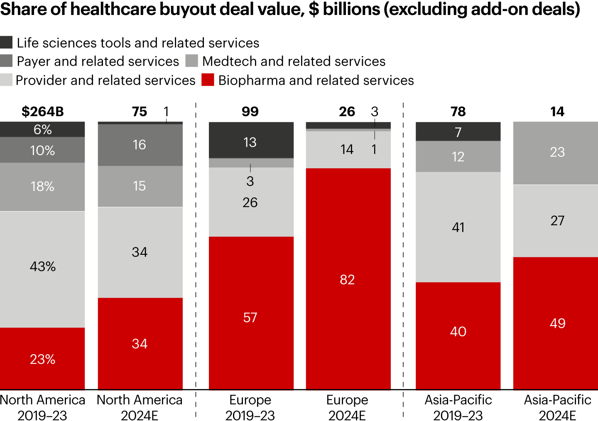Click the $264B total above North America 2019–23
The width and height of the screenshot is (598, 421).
click(x=43, y=112)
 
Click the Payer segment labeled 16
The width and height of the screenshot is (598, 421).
click(x=140, y=145)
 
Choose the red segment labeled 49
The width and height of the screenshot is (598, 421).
click(x=556, y=323)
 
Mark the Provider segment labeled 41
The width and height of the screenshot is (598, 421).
click(x=458, y=227)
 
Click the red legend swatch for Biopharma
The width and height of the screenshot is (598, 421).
click(x=208, y=80)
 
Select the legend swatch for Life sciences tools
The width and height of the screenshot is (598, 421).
click(x=6, y=42)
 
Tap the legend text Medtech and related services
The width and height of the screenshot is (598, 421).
click(x=294, y=62)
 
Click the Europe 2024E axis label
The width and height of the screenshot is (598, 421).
click(x=347, y=407)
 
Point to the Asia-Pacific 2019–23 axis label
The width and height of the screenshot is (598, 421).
click(x=458, y=407)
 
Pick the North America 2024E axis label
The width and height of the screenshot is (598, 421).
click(x=140, y=407)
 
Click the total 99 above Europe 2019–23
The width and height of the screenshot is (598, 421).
click(x=250, y=112)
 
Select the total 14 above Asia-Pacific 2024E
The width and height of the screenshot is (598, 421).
click(x=557, y=112)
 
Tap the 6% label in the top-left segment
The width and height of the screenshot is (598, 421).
click(x=43, y=130)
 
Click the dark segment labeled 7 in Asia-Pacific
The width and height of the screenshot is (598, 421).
click(x=458, y=132)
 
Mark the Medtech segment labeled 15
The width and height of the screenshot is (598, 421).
click(x=140, y=186)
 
